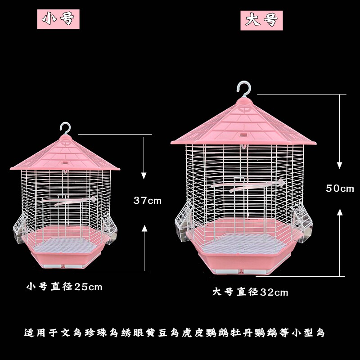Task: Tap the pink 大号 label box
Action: pos(261,20)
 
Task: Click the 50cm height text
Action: pos(340,188)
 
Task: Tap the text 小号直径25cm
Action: pos(64,286)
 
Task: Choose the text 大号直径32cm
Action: pos(250,292)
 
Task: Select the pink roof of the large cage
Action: pos(243,124)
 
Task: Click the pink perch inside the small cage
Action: pos(76,201)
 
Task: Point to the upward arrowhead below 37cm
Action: pos(144,229)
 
